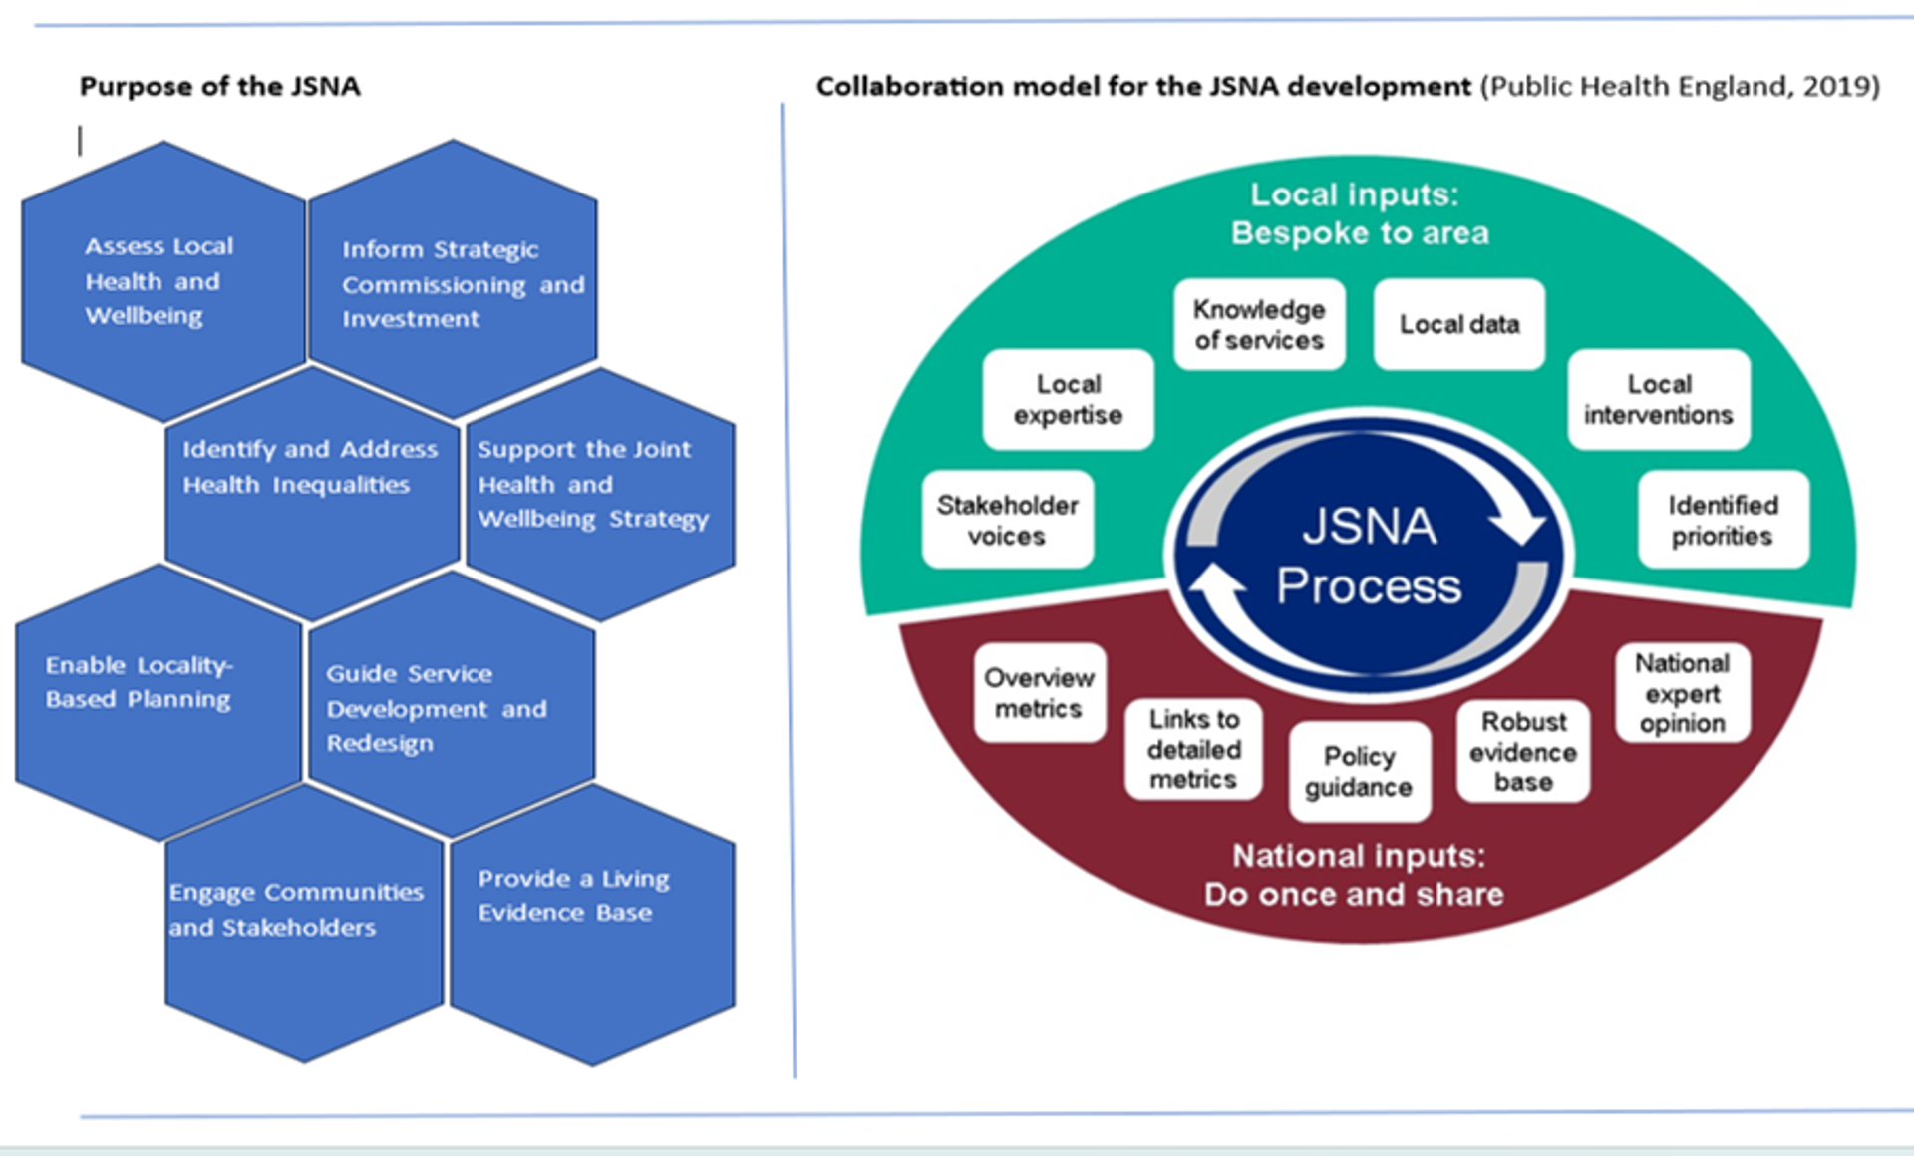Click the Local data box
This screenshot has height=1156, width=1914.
[x=1458, y=324]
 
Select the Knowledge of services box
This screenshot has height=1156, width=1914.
[x=1259, y=324]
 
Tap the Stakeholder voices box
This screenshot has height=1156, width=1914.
[x=1007, y=520]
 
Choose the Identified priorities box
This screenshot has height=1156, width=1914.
[x=1723, y=520]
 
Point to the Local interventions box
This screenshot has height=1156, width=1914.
[x=1659, y=399]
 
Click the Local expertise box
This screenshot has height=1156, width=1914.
[x=1068, y=399]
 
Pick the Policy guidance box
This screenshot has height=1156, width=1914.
[x=1359, y=771]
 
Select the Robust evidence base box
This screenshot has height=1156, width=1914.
[x=1522, y=751]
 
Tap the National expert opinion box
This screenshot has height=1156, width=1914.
[x=1682, y=693]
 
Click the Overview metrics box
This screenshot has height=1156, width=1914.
[x=1039, y=693]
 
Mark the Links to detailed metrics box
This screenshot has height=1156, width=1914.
[x=1193, y=749]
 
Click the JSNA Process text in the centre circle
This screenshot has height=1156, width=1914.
[x=1369, y=556]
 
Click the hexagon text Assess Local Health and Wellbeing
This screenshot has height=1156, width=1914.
[x=158, y=281]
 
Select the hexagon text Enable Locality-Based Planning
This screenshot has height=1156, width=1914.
[x=139, y=682]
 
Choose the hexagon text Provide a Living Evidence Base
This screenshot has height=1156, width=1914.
[x=573, y=895]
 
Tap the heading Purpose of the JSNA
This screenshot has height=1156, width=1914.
[x=219, y=86]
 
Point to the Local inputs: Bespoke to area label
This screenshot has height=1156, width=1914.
[x=1358, y=213]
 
